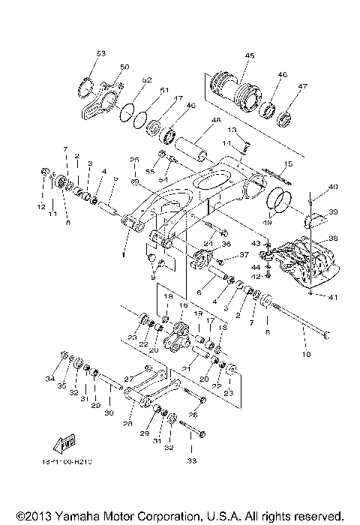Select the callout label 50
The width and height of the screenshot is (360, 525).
point(124,67)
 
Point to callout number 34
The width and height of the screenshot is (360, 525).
point(50,380)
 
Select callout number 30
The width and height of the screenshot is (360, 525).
point(109,412)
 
